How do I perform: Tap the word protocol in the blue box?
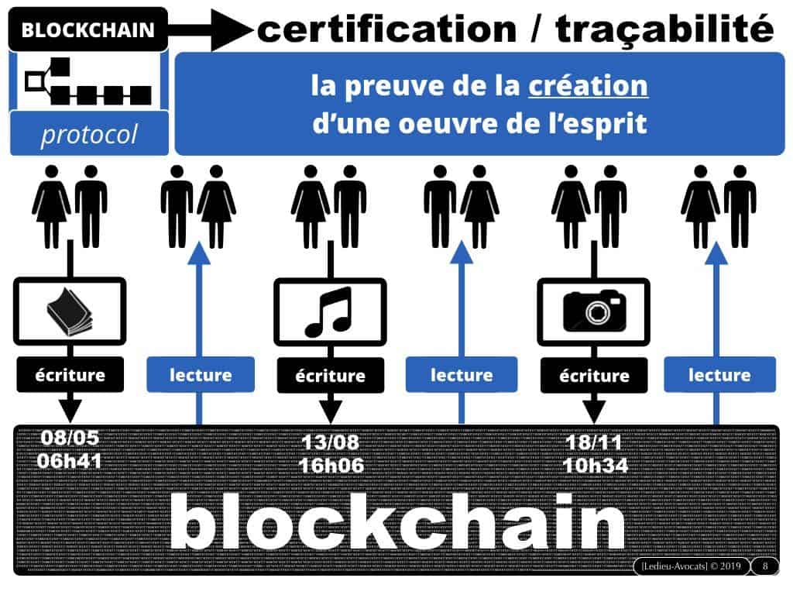click(x=88, y=135)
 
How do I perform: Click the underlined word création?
click(x=588, y=85)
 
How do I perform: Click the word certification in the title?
click(x=386, y=29)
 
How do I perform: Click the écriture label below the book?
click(x=70, y=375)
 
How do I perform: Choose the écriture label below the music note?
click(x=331, y=376)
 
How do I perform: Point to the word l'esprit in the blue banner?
click(x=603, y=123)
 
